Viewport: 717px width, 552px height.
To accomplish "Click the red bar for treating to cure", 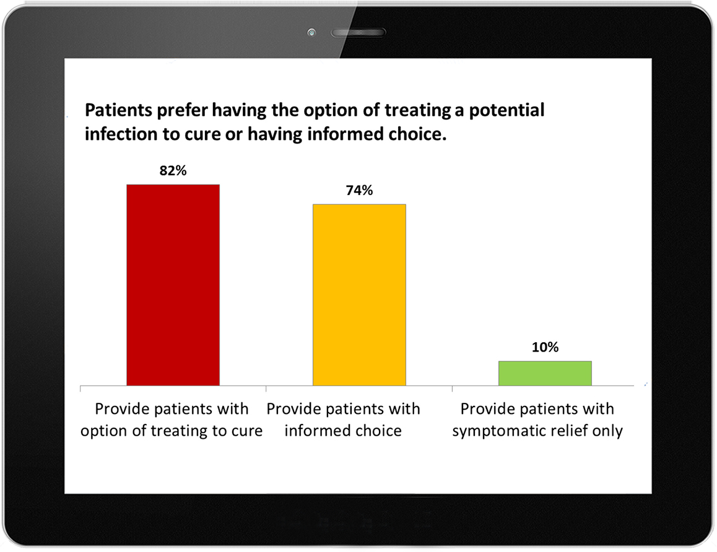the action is coord(173,285).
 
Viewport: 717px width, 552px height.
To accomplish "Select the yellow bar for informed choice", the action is coord(359,295).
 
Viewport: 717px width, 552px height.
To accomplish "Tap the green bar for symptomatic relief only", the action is coord(545,373).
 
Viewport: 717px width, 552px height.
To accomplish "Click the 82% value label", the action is coord(173,170).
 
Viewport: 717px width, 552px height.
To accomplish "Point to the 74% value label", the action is coord(359,190).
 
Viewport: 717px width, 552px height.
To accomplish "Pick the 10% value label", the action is coord(545,347).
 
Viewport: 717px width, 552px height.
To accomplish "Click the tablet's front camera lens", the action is coord(311,32).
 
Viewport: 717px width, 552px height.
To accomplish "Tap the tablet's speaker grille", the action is coord(358,32).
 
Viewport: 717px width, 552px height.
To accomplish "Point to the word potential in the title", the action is coord(506,111).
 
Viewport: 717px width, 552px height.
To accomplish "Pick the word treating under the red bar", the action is coord(179,431).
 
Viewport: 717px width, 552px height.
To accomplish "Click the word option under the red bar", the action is coord(104,431).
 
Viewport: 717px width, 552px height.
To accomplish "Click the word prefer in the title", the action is coord(181,111).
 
